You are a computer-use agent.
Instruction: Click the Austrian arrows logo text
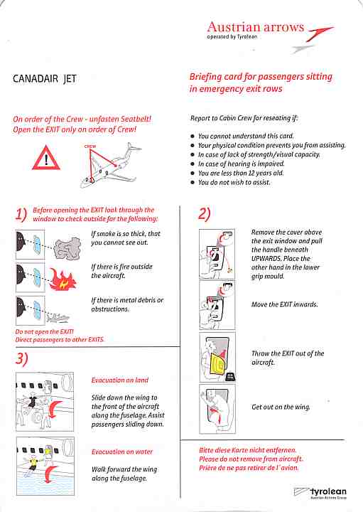[x=254, y=28]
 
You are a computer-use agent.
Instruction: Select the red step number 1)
[x=21, y=214]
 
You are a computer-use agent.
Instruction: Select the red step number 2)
[x=205, y=214]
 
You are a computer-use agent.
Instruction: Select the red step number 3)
[x=21, y=358]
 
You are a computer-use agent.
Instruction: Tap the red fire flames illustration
[x=69, y=282]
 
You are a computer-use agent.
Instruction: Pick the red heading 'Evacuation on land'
[x=120, y=380]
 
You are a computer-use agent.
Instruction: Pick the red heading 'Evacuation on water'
[x=121, y=452]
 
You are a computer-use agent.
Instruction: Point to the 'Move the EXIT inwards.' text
[x=284, y=305]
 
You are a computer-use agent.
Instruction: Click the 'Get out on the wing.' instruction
[x=281, y=407]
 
